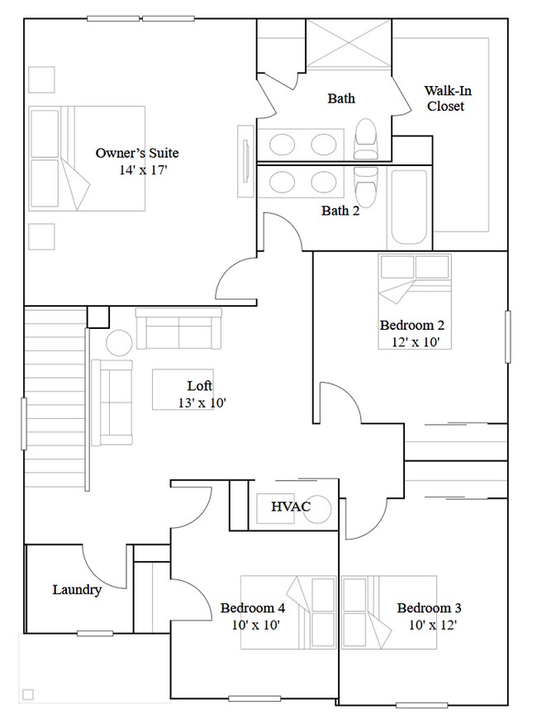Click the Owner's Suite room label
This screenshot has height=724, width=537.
tap(136, 153)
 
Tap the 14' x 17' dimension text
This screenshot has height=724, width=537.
tap(144, 169)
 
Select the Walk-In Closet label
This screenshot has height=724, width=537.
tap(446, 98)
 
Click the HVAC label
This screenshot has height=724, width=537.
tap(290, 507)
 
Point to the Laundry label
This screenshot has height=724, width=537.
tap(77, 589)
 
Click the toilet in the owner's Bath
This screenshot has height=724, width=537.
tap(364, 138)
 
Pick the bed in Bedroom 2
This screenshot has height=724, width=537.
tap(415, 301)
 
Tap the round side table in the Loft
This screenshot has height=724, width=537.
tap(118, 342)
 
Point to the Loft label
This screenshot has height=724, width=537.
tap(199, 386)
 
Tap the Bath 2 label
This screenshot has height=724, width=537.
tap(340, 211)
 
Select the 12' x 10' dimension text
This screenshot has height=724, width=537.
tap(414, 341)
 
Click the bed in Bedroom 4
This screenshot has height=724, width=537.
tap(289, 612)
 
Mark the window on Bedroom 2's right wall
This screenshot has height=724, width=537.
tap(507, 336)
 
